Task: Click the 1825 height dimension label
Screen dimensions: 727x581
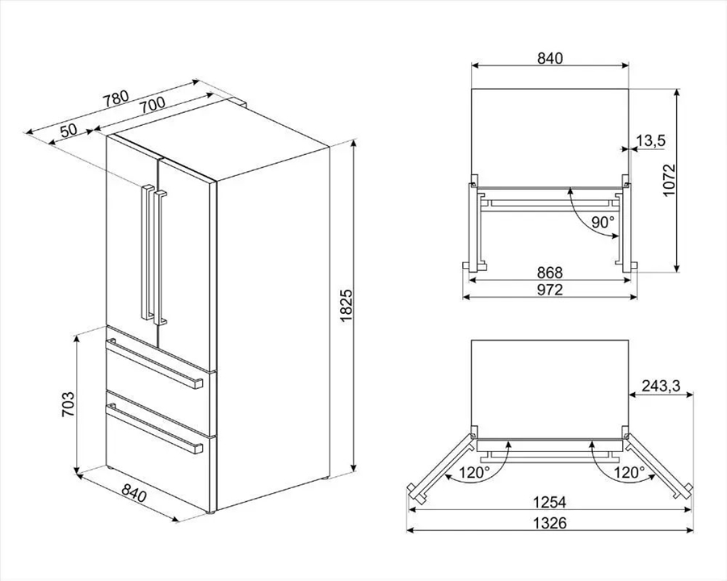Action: click(x=347, y=307)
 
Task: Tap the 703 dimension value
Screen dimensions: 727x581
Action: click(x=68, y=404)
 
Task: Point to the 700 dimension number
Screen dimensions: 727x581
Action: click(x=152, y=104)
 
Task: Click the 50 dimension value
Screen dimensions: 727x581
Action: click(x=69, y=130)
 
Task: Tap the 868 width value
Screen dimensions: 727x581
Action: click(x=550, y=273)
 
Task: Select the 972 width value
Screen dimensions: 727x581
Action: click(x=550, y=290)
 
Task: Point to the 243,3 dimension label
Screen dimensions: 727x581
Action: click(x=661, y=386)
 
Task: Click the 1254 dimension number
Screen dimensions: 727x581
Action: click(x=550, y=502)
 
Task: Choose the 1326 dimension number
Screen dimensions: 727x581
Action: click(x=550, y=523)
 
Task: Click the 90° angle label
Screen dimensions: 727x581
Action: click(x=603, y=223)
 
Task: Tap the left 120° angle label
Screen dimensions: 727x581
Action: click(x=474, y=473)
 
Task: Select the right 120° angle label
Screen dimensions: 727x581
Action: click(x=629, y=473)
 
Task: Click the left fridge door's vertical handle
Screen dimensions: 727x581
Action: click(x=148, y=253)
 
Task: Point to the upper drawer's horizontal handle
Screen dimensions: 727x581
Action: click(x=154, y=363)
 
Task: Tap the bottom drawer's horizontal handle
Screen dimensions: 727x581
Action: click(x=154, y=428)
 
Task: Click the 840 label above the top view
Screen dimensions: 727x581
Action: click(x=550, y=58)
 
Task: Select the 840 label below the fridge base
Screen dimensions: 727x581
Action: click(x=134, y=493)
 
